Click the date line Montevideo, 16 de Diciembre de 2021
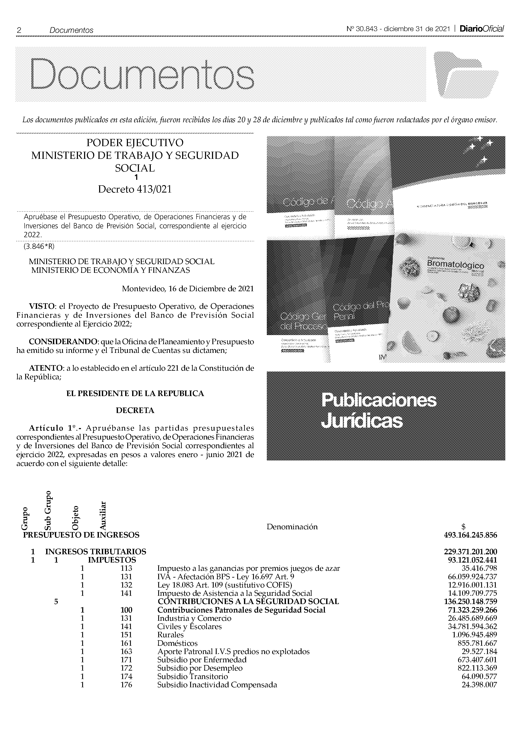coord(188,289)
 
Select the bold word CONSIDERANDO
coord(63,342)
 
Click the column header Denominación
coord(292,527)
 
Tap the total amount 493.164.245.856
coord(471,535)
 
